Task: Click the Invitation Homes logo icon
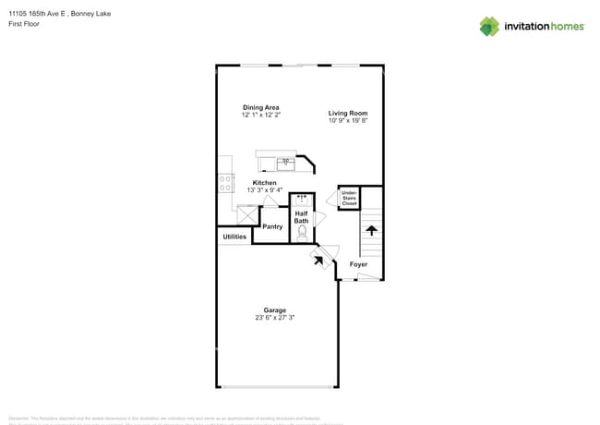click(x=489, y=26)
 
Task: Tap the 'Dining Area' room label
click(x=260, y=107)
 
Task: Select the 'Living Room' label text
click(x=348, y=113)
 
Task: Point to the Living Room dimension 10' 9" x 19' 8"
click(x=348, y=120)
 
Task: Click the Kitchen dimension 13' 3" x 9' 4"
click(x=265, y=189)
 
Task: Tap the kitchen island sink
click(x=285, y=164)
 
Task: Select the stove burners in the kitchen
click(x=225, y=183)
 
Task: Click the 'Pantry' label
click(x=272, y=226)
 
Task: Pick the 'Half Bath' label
click(x=302, y=217)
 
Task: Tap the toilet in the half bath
click(x=302, y=234)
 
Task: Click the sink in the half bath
click(x=301, y=198)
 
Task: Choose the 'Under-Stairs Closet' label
click(x=349, y=198)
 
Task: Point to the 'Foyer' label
click(x=358, y=264)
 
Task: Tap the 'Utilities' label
click(x=234, y=237)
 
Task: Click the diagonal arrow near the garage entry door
click(x=319, y=261)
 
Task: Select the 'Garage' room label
click(x=274, y=310)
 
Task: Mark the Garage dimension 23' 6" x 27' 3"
click(x=274, y=318)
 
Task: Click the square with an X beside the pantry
click(x=246, y=214)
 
